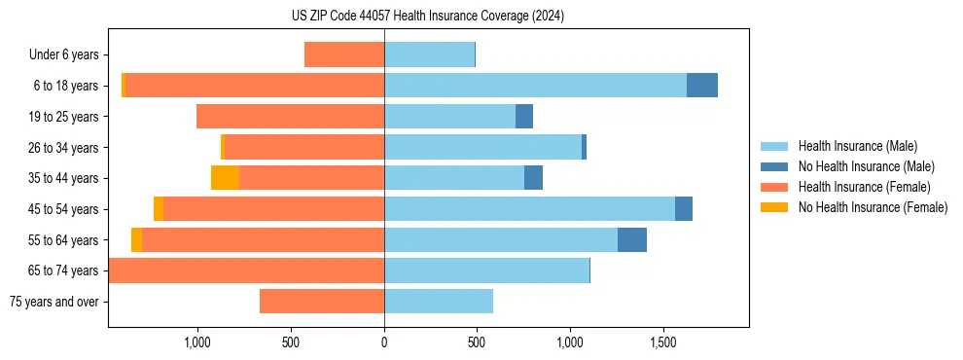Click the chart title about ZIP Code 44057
[x=427, y=16]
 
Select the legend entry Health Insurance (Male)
[x=857, y=146]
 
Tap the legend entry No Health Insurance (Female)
[x=873, y=207]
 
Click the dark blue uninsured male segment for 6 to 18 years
[x=702, y=86]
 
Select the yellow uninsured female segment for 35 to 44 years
[x=225, y=178]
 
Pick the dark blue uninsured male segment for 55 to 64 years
[x=632, y=239]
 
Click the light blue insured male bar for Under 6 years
[x=429, y=54]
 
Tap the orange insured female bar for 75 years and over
[x=322, y=302]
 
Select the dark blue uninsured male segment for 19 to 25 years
[x=524, y=117]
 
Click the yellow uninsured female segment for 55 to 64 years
[x=136, y=239]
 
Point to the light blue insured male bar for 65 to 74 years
[x=486, y=270]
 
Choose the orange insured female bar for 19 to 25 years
[x=290, y=117]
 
